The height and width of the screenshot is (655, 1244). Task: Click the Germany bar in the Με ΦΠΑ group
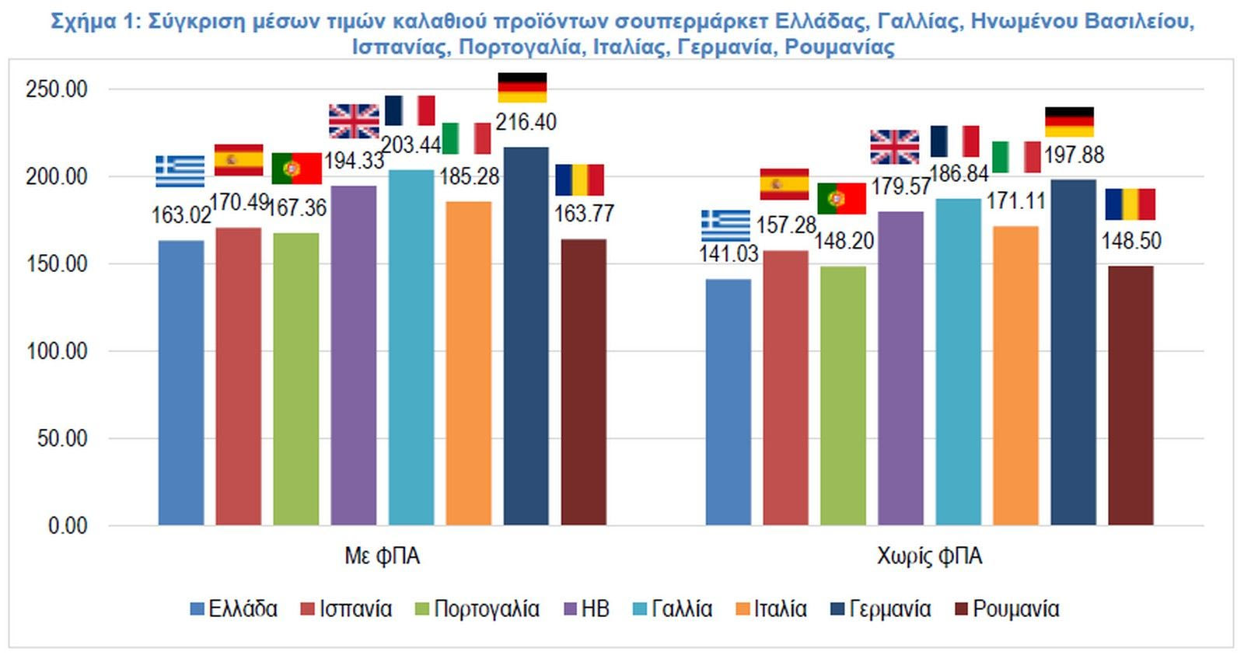pos(526,336)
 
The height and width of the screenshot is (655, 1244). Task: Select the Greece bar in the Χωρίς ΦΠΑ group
pos(728,402)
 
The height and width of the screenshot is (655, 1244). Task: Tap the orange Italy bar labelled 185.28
pos(468,363)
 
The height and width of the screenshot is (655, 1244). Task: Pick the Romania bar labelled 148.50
pos(1130,395)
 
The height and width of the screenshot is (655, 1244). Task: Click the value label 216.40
pos(526,122)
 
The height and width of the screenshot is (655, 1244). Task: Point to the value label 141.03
pos(728,253)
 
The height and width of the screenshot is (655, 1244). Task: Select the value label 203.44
pos(411,145)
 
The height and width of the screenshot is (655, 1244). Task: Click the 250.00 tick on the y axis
pos(56,89)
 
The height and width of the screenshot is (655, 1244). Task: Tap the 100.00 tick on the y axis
pos(56,351)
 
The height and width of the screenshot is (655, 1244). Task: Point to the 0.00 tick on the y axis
pos(67,526)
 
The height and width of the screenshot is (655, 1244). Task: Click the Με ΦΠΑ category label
pos(382,556)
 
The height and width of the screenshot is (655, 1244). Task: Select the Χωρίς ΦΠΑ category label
pos(929,556)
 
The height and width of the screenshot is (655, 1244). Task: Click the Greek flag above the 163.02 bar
pos(180,171)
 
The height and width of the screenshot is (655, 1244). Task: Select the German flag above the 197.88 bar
pos(1069,122)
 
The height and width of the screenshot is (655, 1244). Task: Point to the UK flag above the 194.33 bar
pos(354,121)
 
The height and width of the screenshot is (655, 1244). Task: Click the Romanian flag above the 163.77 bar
pos(579,179)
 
